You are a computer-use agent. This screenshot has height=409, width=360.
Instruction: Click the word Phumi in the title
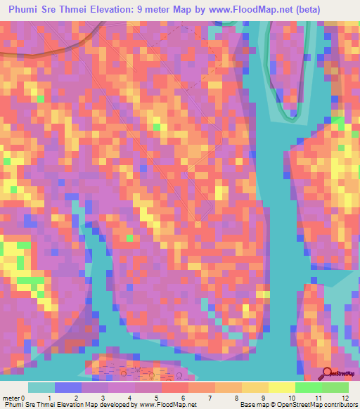[x=27, y=10]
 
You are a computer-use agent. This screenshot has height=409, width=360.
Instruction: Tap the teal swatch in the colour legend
[x=41, y=387]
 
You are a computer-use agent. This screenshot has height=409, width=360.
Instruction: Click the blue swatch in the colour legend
[x=67, y=387]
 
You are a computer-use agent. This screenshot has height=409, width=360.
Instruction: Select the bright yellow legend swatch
[x=281, y=387]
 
